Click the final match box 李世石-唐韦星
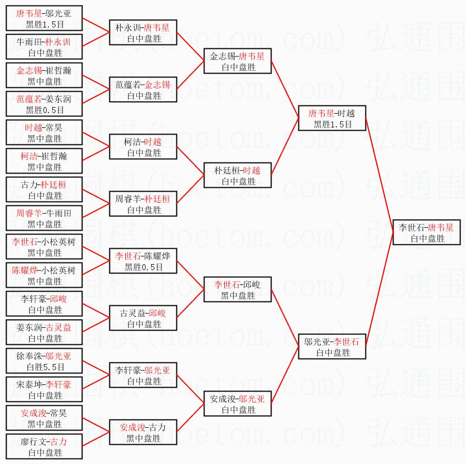(426, 233)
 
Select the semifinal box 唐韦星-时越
(331, 119)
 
